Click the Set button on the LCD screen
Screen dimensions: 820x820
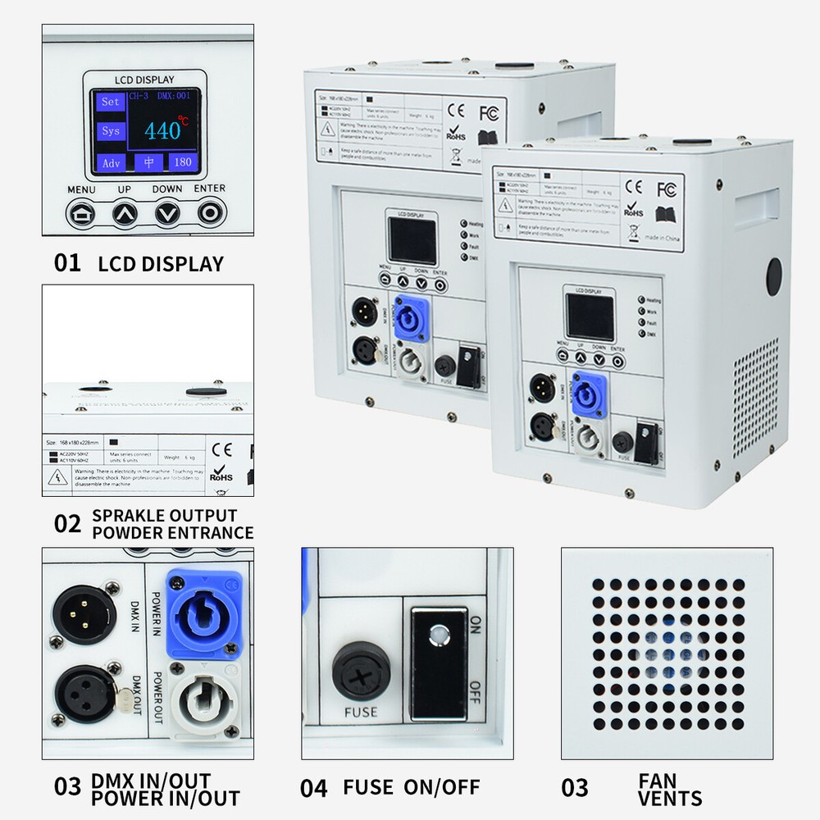pyautogui.click(x=109, y=102)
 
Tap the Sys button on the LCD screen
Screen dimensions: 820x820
pyautogui.click(x=109, y=131)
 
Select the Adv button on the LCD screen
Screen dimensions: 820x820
pyautogui.click(x=110, y=162)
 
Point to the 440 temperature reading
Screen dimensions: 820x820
pyautogui.click(x=164, y=130)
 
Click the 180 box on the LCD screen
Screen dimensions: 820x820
pyautogui.click(x=183, y=162)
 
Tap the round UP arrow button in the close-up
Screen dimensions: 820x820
pyautogui.click(x=125, y=214)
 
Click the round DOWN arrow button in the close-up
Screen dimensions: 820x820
pyautogui.click(x=169, y=214)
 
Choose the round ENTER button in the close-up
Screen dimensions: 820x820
pyautogui.click(x=211, y=213)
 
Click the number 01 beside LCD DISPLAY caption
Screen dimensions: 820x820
pyautogui.click(x=67, y=263)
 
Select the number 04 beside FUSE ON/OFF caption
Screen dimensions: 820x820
pyautogui.click(x=313, y=789)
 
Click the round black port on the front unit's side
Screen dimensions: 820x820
pyautogui.click(x=774, y=277)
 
